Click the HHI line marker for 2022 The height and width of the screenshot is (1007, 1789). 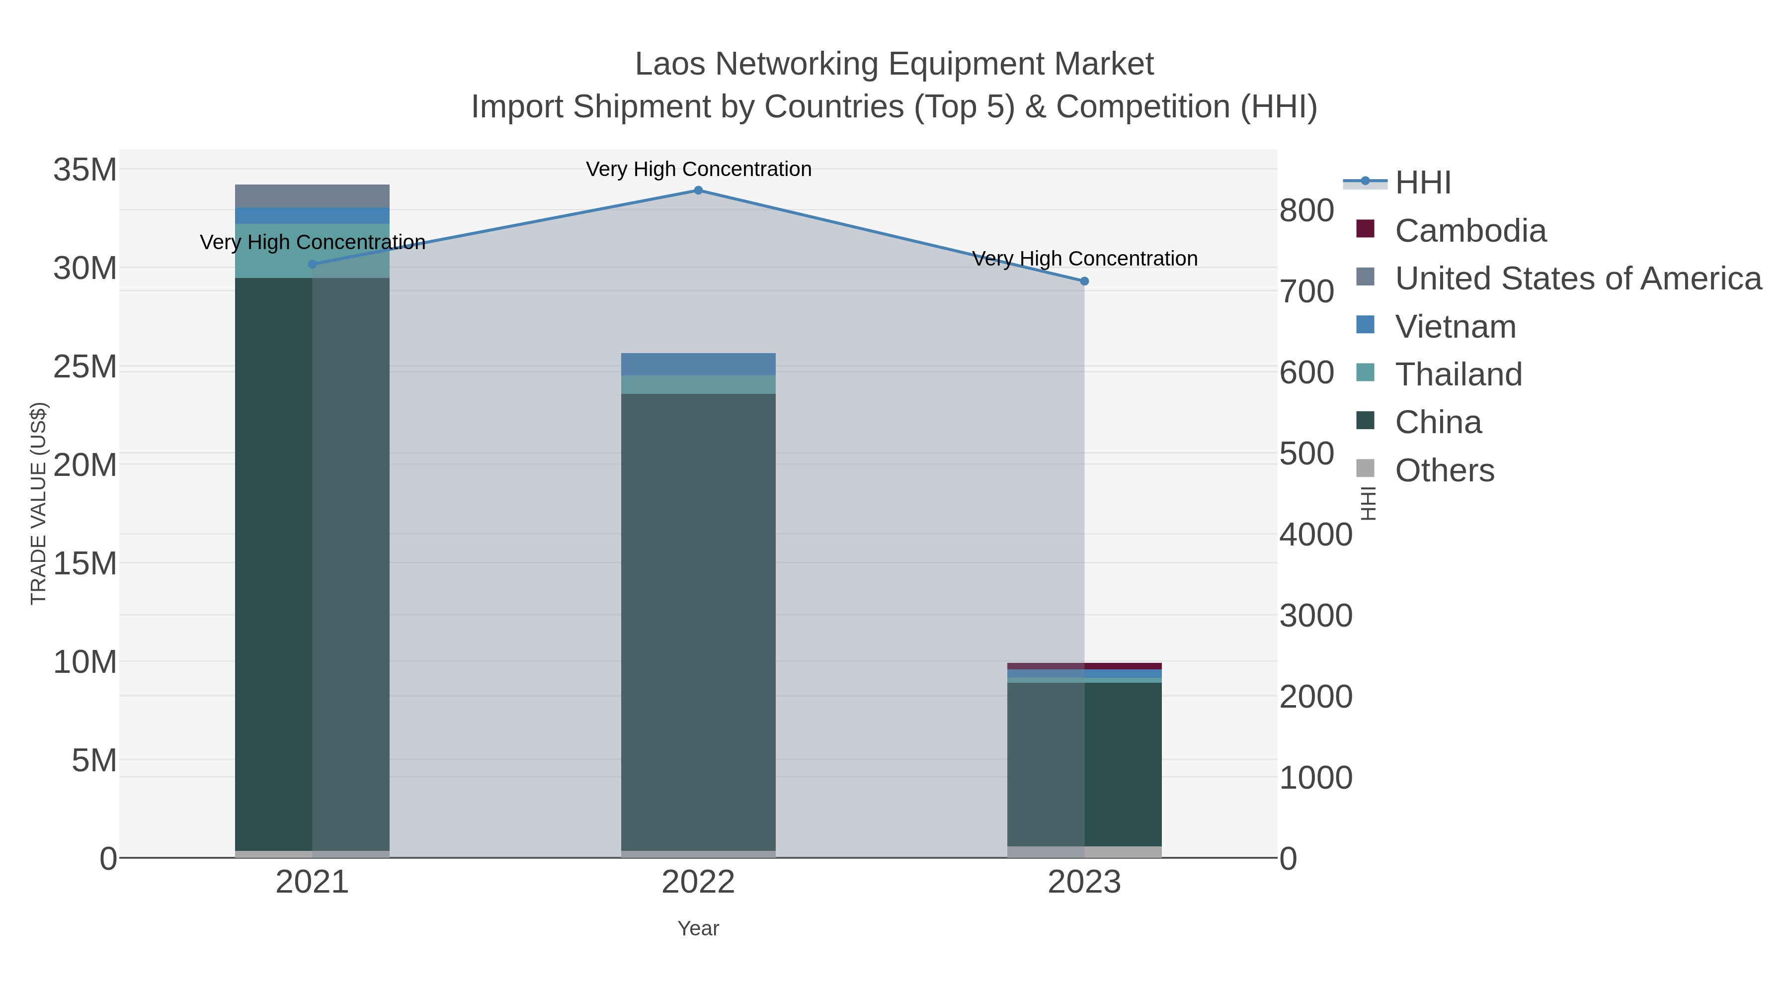698,190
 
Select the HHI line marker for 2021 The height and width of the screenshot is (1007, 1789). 312,264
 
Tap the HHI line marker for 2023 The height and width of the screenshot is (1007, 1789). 1084,281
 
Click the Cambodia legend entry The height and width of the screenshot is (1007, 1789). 1469,231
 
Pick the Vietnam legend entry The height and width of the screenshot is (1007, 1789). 1455,327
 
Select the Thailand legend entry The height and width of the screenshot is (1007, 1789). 1458,374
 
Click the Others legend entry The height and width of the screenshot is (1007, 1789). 1444,470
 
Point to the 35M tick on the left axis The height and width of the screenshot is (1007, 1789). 84,170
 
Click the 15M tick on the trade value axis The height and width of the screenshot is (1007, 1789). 84,563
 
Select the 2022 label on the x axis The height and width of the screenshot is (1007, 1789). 698,883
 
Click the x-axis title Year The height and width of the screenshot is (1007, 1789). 698,928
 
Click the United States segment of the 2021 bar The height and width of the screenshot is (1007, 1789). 312,196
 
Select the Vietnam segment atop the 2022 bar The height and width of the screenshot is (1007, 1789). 698,364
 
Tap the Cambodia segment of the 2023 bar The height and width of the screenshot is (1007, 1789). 1084,666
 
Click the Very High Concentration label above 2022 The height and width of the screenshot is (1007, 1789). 698,170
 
